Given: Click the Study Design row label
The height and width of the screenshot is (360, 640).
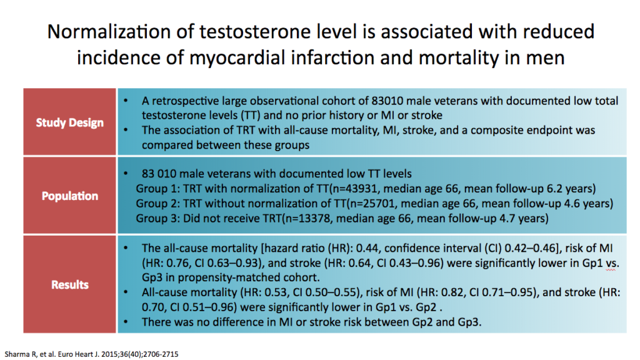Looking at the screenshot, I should point(69,122).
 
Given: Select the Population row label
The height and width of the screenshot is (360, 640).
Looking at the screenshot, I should point(69,196).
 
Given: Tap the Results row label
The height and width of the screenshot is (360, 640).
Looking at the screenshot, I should point(69,284).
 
